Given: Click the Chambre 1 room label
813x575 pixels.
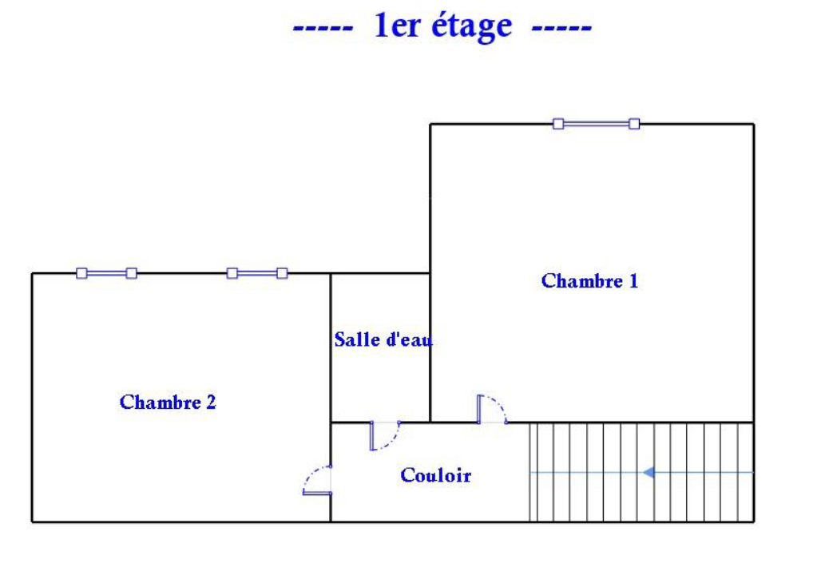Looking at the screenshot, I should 589,281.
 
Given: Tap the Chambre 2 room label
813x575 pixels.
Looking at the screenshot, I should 168,402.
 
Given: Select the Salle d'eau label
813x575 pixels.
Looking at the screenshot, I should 383,339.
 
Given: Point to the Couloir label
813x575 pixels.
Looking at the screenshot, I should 435,476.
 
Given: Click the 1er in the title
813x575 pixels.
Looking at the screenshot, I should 398,26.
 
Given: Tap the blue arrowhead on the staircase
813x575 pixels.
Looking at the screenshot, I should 649,472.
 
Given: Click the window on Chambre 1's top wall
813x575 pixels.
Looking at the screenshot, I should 596,124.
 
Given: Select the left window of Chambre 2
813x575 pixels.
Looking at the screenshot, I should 106,273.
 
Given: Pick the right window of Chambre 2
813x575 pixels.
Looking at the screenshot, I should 256,273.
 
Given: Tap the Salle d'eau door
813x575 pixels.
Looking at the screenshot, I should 385,435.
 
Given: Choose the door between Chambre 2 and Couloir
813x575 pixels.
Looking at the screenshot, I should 317,481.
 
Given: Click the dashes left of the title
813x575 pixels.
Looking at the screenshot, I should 323,28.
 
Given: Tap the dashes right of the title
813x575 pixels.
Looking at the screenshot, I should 561,28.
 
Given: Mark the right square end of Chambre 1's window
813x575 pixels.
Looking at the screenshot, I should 634,124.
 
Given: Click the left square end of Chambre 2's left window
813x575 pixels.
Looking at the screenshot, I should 81,273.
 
